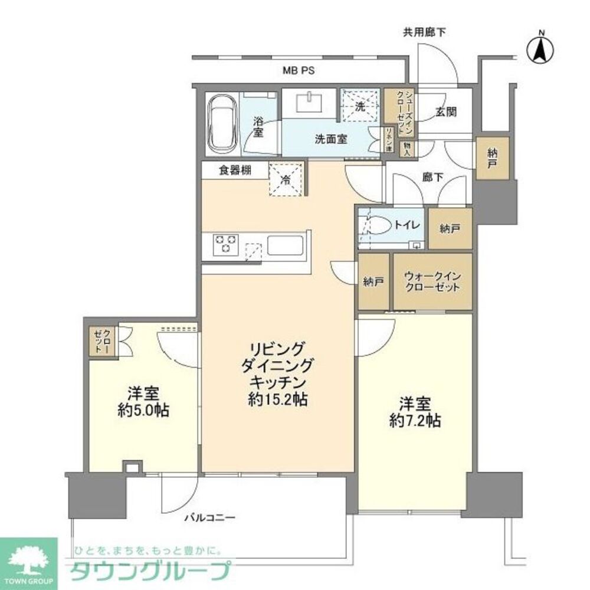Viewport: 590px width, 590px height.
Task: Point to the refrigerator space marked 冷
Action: coord(286,179)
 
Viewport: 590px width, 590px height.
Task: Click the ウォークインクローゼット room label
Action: coord(431,281)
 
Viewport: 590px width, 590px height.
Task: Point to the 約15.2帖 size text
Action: coord(277,399)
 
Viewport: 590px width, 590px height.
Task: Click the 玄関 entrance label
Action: coord(446,112)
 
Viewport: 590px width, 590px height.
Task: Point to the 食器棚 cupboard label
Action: coord(235,171)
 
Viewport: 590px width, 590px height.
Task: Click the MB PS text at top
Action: coord(298,71)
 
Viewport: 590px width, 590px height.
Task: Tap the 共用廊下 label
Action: coord(425,32)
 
